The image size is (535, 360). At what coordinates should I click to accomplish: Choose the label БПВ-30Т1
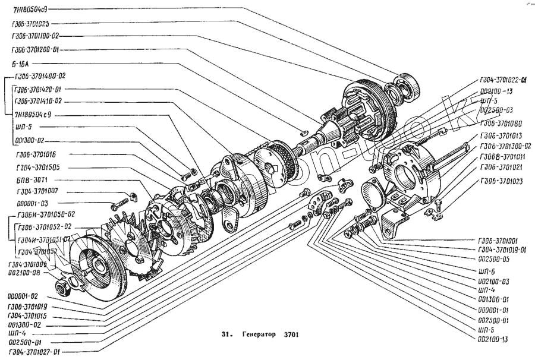33,179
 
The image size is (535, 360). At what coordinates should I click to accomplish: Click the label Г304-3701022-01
507,80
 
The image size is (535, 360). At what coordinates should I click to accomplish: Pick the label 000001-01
493,310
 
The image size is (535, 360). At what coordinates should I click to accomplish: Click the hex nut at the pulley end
61,288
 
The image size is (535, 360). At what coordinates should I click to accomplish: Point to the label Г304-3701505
37,167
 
